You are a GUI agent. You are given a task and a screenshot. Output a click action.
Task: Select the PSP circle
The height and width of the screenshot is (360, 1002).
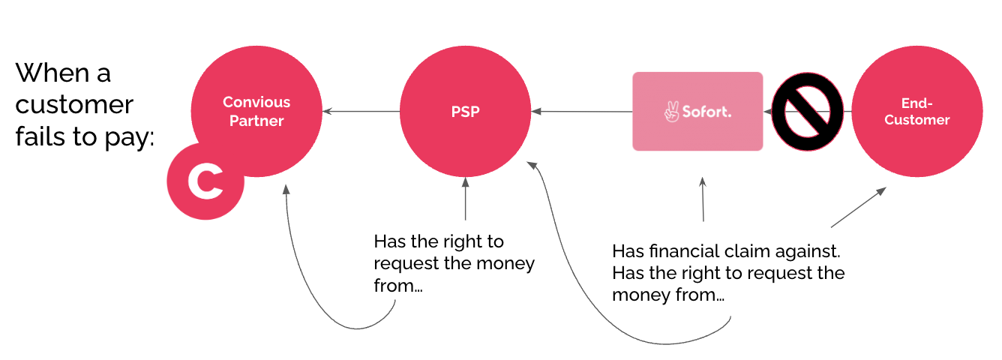pyautogui.click(x=465, y=112)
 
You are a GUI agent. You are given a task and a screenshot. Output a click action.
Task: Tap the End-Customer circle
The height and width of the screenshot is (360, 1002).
pyautogui.click(x=916, y=112)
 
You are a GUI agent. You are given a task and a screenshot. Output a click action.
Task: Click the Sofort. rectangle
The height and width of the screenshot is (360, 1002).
pyautogui.click(x=697, y=112)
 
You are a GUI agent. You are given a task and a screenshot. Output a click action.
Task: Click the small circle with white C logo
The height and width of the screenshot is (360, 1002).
pyautogui.click(x=205, y=182)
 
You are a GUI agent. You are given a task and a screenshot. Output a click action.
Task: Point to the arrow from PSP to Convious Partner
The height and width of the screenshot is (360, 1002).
pyautogui.click(x=361, y=112)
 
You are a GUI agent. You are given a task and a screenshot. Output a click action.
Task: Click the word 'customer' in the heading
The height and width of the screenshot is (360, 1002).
pyautogui.click(x=74, y=105)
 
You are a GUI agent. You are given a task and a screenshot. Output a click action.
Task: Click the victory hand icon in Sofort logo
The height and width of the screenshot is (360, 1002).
pyautogui.click(x=671, y=112)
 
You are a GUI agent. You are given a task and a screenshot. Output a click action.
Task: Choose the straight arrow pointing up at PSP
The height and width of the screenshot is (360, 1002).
pyautogui.click(x=466, y=199)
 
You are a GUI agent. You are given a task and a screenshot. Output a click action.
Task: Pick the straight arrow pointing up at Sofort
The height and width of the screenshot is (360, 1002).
pyautogui.click(x=703, y=199)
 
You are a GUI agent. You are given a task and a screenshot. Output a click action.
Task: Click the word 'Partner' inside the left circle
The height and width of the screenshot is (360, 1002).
pyautogui.click(x=256, y=120)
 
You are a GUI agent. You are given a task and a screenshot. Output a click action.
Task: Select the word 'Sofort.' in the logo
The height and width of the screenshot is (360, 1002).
pyautogui.click(x=706, y=112)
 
